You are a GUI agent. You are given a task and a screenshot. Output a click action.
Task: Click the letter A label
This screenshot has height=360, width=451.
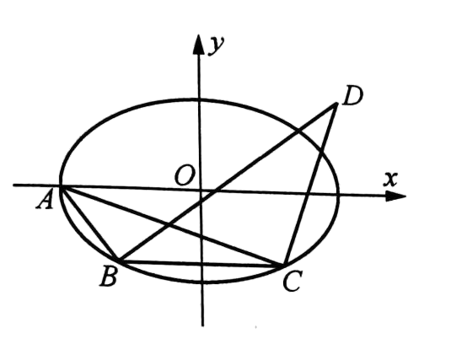45,199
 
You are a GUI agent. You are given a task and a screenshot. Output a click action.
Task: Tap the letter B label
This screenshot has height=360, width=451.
109,277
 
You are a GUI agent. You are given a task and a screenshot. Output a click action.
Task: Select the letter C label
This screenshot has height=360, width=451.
293,282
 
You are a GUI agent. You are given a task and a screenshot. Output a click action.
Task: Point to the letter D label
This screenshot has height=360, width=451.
352,94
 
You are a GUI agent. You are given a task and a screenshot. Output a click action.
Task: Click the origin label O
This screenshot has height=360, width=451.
185,175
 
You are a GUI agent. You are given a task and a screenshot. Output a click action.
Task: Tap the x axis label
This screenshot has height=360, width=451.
390,179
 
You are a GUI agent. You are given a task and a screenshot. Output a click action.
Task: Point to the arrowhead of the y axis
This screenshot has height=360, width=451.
198,44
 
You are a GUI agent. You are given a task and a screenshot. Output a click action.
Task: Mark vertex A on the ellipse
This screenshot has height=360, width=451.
61,186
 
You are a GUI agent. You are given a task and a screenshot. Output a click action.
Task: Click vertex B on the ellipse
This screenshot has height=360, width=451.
119,261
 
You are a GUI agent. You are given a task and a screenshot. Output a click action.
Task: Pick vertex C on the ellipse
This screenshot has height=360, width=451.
284,265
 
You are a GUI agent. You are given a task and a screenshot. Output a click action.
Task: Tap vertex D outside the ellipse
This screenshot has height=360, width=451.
336,105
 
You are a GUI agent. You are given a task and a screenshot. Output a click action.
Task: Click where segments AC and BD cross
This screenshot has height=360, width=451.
170,225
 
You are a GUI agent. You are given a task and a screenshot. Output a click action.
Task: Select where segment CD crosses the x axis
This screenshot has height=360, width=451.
307,194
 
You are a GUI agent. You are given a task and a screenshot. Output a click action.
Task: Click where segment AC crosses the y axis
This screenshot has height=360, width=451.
201,236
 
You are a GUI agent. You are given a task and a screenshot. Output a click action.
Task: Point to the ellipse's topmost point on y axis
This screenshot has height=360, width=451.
199,99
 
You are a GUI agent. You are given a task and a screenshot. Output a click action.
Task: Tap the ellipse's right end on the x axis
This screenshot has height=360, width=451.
338,195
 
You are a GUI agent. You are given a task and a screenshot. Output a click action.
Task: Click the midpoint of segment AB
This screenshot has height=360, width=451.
90,223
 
